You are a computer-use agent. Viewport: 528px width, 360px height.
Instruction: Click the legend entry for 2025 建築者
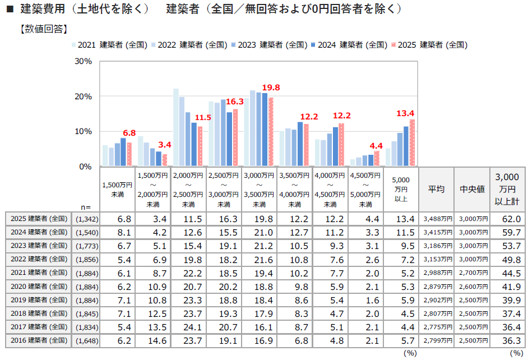432,45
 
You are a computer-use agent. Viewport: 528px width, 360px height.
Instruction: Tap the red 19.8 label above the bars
271,87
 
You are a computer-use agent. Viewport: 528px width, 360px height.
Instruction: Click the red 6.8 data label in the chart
129,133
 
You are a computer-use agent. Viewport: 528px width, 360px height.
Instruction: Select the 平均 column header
436,189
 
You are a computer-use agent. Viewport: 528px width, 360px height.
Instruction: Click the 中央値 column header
471,189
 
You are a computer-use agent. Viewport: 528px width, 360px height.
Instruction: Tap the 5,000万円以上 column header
400,189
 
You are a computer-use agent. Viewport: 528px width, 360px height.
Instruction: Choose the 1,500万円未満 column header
118,189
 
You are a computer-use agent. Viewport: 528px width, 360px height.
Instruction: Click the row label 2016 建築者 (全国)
39,340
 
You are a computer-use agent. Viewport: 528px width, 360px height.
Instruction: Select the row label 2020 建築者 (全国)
39,286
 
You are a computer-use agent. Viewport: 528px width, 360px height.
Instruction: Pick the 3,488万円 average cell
436,219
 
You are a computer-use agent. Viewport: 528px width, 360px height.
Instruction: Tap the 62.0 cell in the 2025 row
509,219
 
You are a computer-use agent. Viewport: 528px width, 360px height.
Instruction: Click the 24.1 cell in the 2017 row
189,327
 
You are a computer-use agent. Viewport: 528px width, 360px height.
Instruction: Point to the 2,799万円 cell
436,340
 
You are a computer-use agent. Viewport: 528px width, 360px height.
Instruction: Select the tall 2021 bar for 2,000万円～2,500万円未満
176,127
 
